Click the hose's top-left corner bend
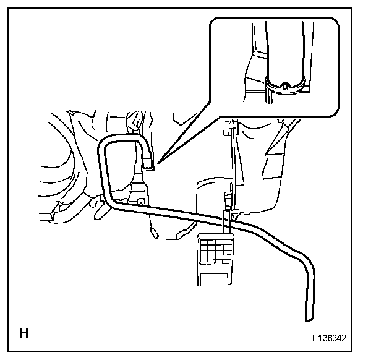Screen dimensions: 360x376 [105, 143]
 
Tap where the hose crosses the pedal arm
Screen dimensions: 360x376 [227, 217]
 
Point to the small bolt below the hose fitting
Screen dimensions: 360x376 [140, 201]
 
